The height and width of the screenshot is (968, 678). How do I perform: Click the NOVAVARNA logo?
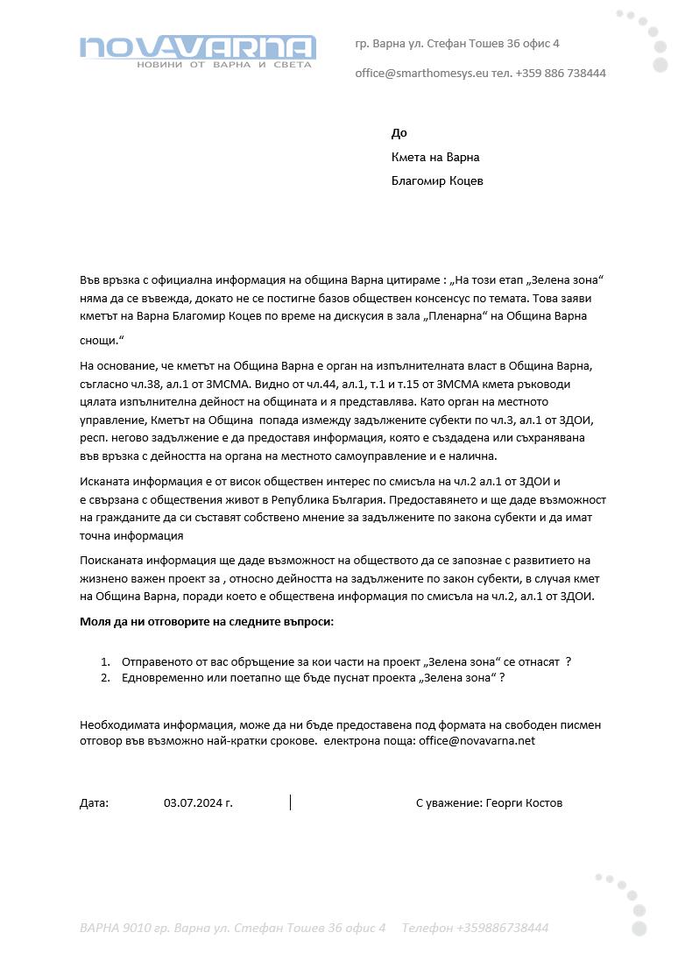pos(197,51)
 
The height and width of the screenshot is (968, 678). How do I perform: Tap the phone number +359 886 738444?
pos(561,74)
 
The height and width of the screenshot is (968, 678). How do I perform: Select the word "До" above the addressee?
pos(399,133)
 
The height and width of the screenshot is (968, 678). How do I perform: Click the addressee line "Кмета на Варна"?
pos(435,158)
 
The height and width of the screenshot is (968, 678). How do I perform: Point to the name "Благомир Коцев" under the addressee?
pos(437,181)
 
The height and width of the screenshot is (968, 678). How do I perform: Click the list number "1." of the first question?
pos(105,662)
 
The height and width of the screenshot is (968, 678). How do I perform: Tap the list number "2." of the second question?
pos(105,678)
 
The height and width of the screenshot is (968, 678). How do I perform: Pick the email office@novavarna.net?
pos(477,741)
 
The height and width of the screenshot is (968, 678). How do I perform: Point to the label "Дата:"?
pos(94,802)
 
